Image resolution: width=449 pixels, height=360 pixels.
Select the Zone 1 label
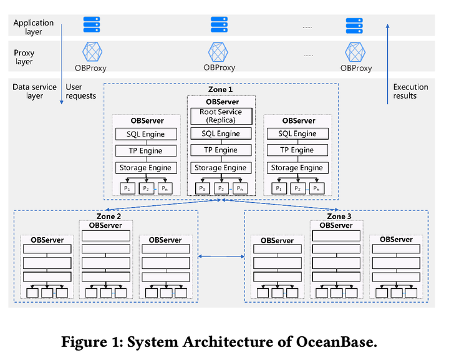pyautogui.click(x=220, y=89)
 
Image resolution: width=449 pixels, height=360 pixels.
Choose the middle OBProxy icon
pyautogui.click(x=219, y=51)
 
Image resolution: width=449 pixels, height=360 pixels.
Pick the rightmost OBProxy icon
pyautogui.click(x=355, y=51)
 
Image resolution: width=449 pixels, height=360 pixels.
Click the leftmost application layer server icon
pyautogui.click(x=92, y=24)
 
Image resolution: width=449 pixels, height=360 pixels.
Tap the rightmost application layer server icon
pyautogui.click(x=355, y=25)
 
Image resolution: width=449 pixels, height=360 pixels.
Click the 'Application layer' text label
pyautogui.click(x=34, y=27)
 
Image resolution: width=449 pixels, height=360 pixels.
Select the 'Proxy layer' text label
pyautogui.click(x=24, y=57)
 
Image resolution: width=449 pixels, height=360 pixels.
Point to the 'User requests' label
pyautogui.click(x=81, y=92)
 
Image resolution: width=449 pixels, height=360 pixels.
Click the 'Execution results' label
pyautogui.click(x=410, y=92)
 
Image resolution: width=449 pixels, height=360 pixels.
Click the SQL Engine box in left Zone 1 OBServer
pyautogui.click(x=146, y=134)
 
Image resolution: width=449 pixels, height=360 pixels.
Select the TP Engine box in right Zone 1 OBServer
pyautogui.click(x=297, y=150)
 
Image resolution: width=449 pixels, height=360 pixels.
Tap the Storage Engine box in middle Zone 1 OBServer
pyautogui.click(x=221, y=167)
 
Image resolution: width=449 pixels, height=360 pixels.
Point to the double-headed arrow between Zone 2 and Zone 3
pyautogui.click(x=221, y=256)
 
